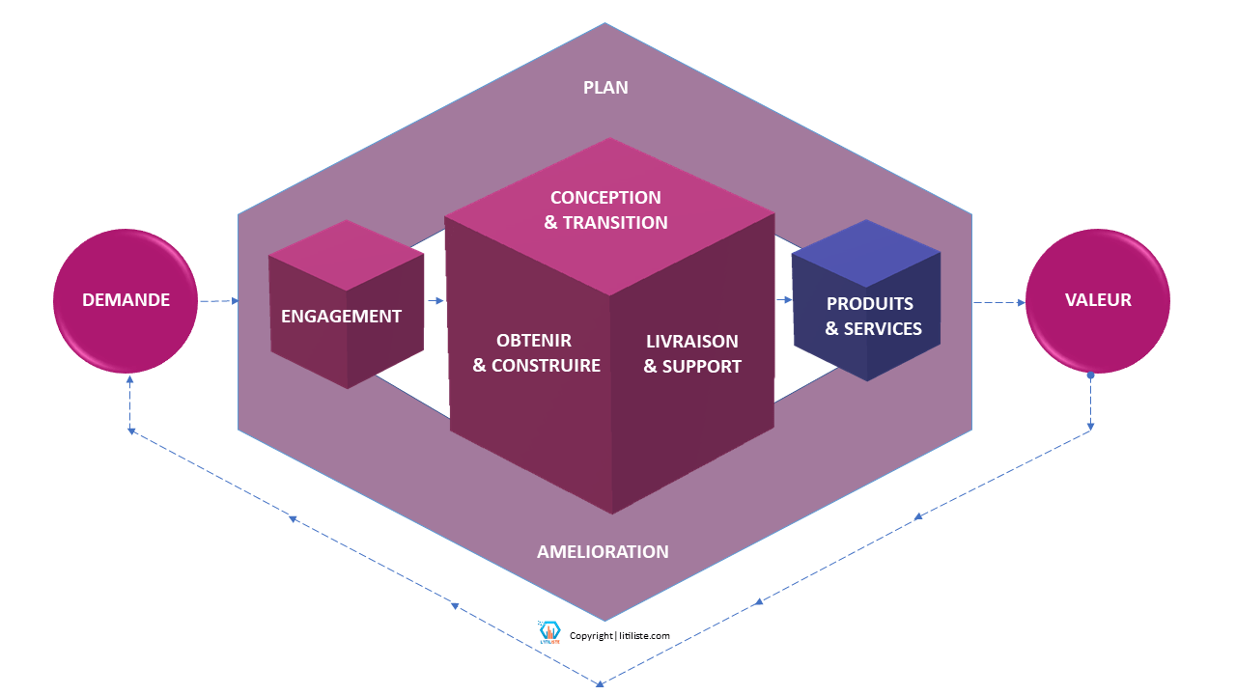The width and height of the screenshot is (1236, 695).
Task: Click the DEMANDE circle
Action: click(x=126, y=301)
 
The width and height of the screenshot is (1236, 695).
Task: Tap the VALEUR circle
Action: click(x=1098, y=301)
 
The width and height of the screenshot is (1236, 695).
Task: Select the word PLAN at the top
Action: click(x=605, y=88)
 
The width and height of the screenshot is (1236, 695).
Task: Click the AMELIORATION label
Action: click(x=603, y=552)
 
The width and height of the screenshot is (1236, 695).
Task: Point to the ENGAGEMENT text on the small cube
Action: click(x=341, y=316)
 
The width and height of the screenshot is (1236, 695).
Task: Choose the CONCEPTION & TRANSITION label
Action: click(x=606, y=210)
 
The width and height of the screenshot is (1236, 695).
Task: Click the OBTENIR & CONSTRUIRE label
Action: click(x=535, y=353)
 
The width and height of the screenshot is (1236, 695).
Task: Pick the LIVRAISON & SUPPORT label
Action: click(x=691, y=354)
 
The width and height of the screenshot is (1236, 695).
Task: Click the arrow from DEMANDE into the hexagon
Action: click(x=219, y=301)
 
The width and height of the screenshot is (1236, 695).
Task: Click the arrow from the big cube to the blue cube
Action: click(x=783, y=300)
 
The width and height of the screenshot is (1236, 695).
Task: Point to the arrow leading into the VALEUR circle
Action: click(x=998, y=303)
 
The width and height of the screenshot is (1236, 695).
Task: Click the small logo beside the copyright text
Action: click(x=550, y=633)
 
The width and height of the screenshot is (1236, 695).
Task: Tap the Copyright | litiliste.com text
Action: click(x=620, y=636)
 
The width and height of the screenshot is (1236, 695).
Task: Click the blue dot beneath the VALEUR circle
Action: click(x=1090, y=375)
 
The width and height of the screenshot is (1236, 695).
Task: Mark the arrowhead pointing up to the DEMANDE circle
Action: click(x=129, y=378)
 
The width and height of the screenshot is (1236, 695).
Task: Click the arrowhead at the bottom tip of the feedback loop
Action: click(x=600, y=683)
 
